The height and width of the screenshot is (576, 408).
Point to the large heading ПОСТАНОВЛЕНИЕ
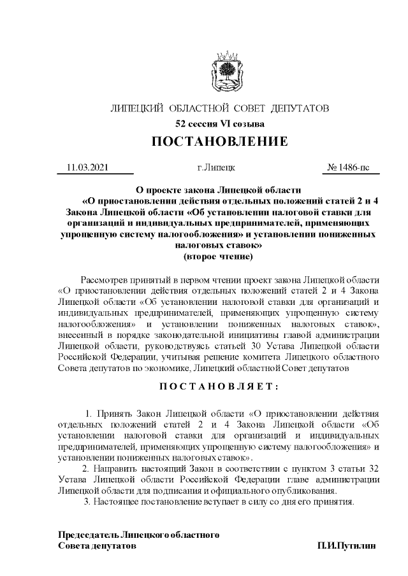(220, 141)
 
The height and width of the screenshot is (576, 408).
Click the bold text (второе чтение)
(218, 256)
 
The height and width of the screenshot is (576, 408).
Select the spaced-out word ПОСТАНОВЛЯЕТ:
(219, 386)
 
